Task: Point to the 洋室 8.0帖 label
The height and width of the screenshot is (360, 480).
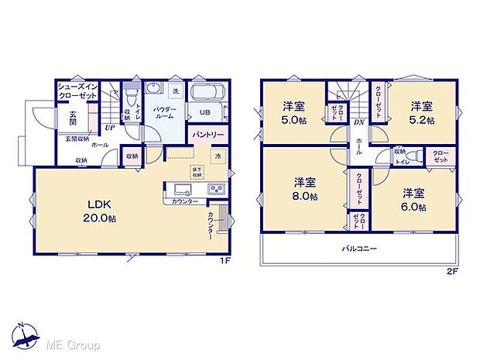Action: [304, 189]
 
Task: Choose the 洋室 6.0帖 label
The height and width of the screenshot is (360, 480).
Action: [413, 198]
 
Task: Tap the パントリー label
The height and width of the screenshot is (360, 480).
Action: [207, 135]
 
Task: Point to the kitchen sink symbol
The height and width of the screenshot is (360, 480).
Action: [180, 190]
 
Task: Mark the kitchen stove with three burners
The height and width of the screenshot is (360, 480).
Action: [214, 190]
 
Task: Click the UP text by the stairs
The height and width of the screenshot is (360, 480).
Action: [111, 128]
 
